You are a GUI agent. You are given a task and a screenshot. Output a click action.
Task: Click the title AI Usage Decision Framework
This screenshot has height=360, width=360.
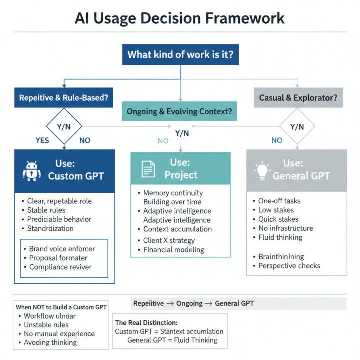[x=180, y=18]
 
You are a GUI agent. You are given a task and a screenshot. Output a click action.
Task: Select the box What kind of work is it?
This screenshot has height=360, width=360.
[x=180, y=54]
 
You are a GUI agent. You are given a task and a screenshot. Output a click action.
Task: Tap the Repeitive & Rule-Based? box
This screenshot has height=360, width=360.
[x=63, y=98]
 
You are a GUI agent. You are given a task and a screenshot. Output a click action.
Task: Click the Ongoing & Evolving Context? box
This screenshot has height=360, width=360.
[x=180, y=112]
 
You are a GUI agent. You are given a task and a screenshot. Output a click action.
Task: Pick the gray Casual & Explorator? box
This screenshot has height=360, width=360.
[x=298, y=98]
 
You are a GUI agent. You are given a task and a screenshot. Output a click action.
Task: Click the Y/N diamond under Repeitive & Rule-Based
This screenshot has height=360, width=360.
[x=64, y=127]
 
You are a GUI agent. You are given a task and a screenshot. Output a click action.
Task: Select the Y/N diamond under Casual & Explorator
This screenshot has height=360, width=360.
[x=297, y=127]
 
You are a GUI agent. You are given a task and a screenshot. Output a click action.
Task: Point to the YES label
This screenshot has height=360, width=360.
[x=42, y=140]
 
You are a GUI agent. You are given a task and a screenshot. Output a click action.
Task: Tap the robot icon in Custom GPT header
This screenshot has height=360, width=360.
[x=32, y=170]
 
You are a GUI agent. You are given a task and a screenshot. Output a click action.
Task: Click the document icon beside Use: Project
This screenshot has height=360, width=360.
[x=148, y=170]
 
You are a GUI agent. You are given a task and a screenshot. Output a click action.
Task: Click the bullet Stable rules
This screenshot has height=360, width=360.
[x=46, y=210]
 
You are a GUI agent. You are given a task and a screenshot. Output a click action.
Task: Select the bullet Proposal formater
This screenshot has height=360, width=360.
[x=58, y=258]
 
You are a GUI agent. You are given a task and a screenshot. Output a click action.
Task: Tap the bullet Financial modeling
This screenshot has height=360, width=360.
[x=173, y=249]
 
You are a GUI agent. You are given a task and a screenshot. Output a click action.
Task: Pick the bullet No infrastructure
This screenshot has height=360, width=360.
[x=285, y=228]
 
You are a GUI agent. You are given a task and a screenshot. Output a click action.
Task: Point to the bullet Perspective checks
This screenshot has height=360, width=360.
[x=289, y=266]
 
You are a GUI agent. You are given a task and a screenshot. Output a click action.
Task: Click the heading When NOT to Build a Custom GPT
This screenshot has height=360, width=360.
[x=61, y=307]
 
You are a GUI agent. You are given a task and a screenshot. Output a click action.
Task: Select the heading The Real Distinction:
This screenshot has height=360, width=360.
[x=146, y=323]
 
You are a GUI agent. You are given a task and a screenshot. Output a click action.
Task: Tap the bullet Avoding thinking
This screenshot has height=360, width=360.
[x=50, y=342]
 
